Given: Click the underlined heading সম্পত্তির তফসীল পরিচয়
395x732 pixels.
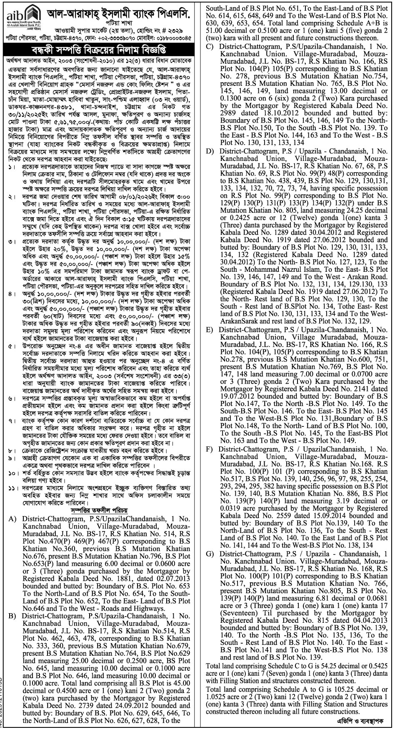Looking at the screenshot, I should click(x=100, y=509).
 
